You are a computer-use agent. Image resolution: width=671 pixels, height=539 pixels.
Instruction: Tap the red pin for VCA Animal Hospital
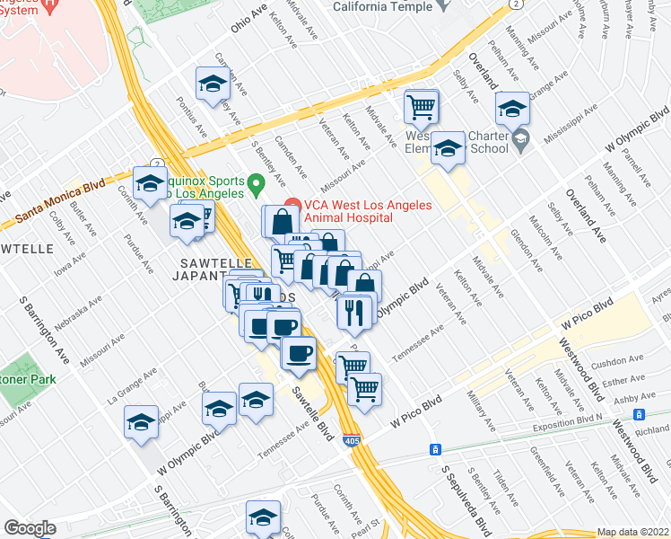[291, 206]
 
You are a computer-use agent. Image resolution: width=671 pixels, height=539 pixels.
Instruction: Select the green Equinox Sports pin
[256, 186]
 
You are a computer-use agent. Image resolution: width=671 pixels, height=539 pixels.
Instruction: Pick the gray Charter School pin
[520, 139]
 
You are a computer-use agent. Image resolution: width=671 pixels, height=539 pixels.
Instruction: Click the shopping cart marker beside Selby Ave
[421, 108]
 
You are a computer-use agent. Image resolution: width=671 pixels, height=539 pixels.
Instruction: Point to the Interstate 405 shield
[352, 441]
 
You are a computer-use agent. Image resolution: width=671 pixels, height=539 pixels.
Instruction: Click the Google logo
[30, 528]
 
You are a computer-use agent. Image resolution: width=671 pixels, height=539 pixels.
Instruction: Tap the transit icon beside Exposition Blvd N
[640, 415]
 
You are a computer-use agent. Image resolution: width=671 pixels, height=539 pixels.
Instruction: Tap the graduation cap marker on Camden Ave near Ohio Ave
[213, 84]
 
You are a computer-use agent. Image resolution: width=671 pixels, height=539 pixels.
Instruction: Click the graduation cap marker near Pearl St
[263, 517]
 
